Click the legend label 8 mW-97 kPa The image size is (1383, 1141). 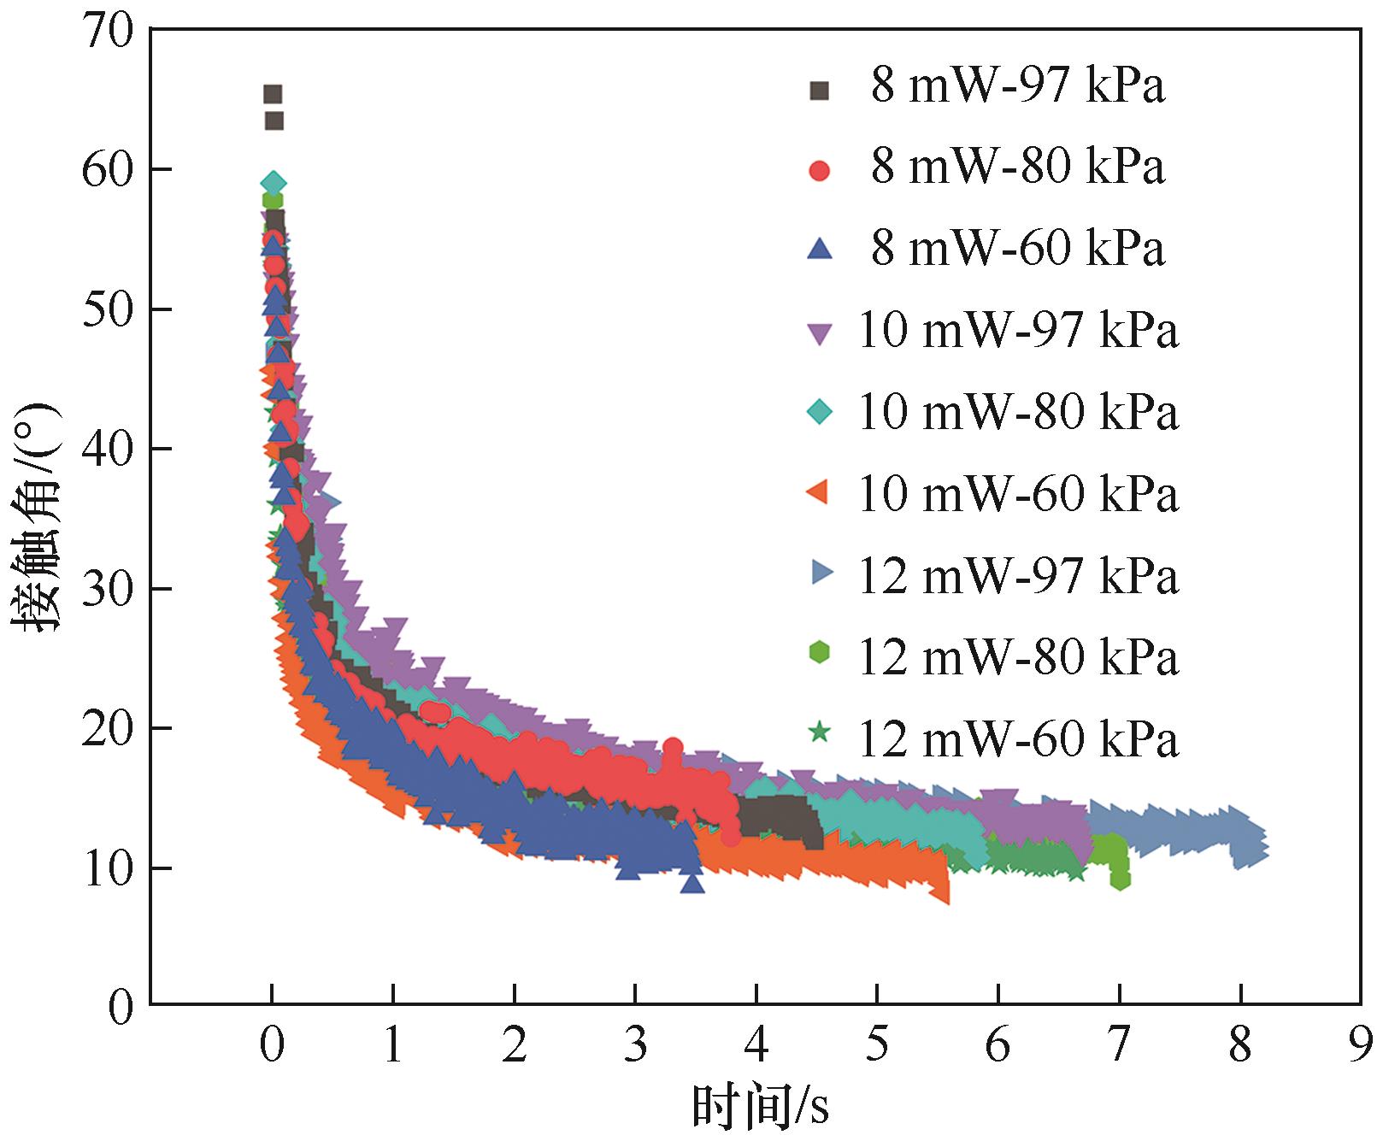pyautogui.click(x=1017, y=87)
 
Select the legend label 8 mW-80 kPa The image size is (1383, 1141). pyautogui.click(x=1017, y=168)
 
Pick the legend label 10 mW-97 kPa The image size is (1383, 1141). pyautogui.click(x=1017, y=330)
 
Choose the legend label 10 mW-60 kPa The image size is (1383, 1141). pyautogui.click(x=1017, y=493)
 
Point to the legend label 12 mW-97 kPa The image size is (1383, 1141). pyautogui.click(x=1017, y=574)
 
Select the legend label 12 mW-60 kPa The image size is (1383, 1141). pyautogui.click(x=1017, y=738)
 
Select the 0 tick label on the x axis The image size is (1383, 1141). pyautogui.click(x=272, y=1046)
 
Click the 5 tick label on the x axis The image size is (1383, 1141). pyautogui.click(x=877, y=1046)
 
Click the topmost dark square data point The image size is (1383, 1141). pyautogui.click(x=273, y=94)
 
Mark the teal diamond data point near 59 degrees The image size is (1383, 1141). pyautogui.click(x=273, y=183)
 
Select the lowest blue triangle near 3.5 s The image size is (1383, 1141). pyautogui.click(x=692, y=882)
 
